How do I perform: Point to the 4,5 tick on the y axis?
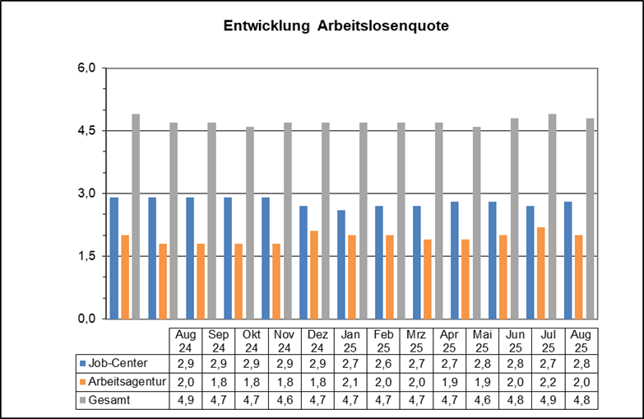[x=87, y=131]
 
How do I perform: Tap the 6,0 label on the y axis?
[x=87, y=68]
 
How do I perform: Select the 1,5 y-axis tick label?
[x=87, y=256]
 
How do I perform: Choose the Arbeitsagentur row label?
[x=124, y=381]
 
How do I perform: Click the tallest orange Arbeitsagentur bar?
[x=540, y=272]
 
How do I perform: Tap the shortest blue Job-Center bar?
[x=341, y=264]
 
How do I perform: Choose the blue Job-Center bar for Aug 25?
[x=568, y=260]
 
